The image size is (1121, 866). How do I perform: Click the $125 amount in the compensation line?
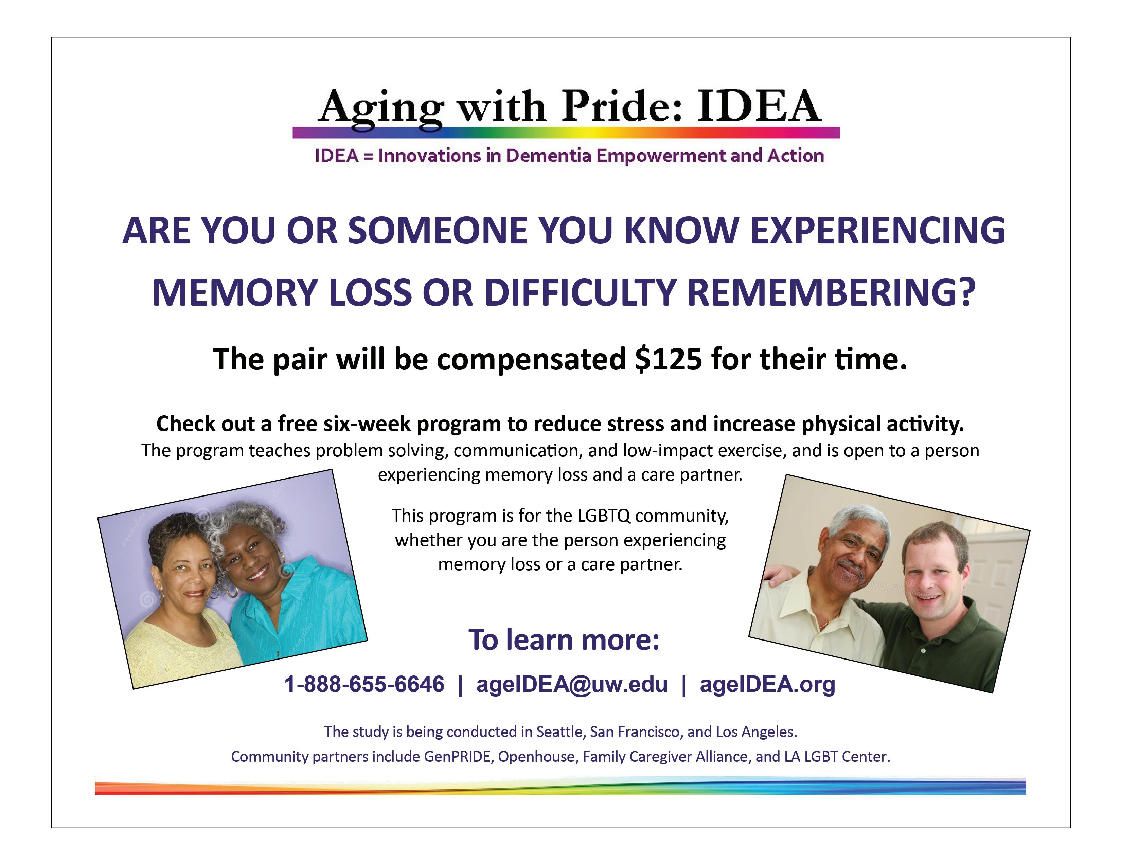[x=668, y=359]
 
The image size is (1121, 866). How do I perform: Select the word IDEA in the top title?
[x=759, y=106]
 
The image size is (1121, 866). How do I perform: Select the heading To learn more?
[x=564, y=640]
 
